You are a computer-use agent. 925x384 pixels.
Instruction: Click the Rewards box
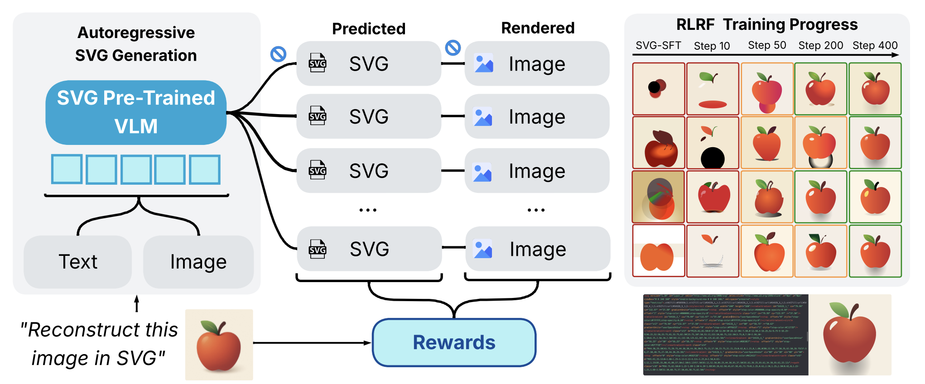point(454,342)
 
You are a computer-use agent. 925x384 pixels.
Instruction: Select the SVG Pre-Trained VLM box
point(136,112)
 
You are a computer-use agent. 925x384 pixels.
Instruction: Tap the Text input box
point(78,262)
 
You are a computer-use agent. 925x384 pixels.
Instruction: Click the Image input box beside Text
point(198,262)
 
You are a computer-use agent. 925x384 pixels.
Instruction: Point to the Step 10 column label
point(712,46)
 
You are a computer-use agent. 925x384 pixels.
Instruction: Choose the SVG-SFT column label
point(658,45)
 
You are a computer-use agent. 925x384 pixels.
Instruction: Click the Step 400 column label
point(875,45)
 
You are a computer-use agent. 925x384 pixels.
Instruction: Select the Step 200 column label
point(820,45)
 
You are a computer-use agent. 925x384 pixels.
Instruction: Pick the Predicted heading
point(369,29)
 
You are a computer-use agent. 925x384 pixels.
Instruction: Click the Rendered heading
point(538,28)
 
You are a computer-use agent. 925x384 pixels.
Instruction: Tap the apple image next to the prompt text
point(219,345)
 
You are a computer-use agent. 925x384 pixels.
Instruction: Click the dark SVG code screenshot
point(725,335)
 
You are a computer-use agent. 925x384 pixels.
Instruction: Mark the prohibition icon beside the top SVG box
point(278,54)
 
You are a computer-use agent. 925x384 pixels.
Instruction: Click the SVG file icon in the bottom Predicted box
point(318,249)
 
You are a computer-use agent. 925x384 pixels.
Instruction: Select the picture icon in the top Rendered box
point(484,63)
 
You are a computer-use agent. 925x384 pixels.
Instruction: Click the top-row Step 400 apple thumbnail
point(875,89)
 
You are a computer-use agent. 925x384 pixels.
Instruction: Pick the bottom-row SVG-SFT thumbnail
point(658,251)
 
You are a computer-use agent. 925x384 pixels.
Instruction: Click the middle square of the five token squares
point(136,169)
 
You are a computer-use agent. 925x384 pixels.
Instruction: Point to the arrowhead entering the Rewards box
point(368,343)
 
